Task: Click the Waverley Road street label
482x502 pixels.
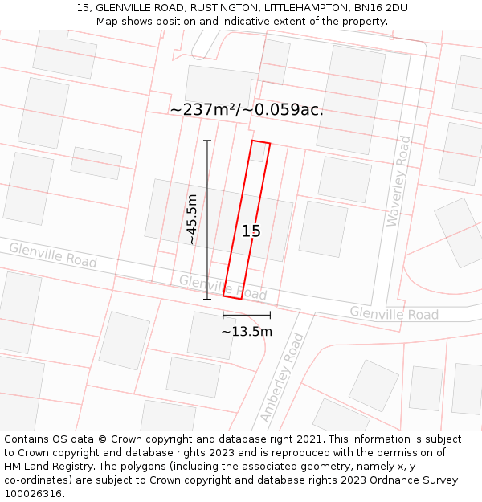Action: [398, 181]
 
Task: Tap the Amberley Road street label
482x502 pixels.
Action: [282, 378]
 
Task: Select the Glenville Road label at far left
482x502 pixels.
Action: [53, 255]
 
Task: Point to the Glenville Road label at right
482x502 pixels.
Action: [394, 313]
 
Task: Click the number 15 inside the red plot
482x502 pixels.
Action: [251, 231]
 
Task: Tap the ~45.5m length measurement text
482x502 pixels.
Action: [192, 218]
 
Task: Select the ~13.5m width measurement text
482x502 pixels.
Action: [247, 331]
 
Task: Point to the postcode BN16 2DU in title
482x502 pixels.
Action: [378, 7]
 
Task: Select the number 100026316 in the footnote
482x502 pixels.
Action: [33, 493]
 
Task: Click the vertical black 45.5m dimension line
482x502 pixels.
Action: [207, 219]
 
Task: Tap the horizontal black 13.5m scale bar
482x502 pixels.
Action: [247, 316]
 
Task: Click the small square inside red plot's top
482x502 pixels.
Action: [256, 152]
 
